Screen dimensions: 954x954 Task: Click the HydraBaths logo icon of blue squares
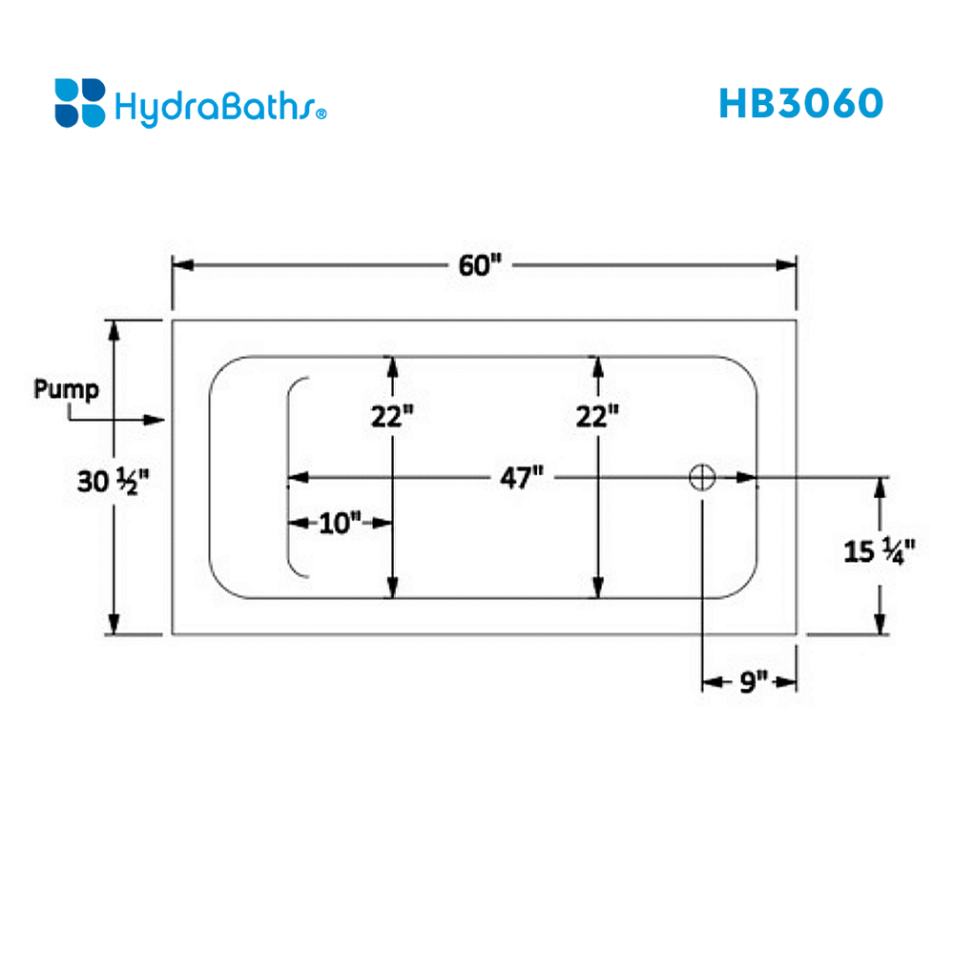(80, 103)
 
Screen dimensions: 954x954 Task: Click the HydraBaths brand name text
(215, 106)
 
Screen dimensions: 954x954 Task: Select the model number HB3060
(800, 103)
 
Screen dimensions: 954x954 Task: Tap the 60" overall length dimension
(479, 265)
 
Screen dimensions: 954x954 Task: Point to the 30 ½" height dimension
(114, 482)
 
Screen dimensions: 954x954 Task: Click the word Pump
(66, 389)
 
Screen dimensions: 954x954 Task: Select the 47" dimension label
(522, 477)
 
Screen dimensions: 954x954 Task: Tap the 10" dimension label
(341, 523)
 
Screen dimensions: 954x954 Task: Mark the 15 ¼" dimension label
(880, 550)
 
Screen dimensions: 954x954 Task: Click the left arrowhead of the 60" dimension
(181, 265)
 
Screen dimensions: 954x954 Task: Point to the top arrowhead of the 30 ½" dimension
(114, 330)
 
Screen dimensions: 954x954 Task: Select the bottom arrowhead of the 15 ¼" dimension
(880, 624)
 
